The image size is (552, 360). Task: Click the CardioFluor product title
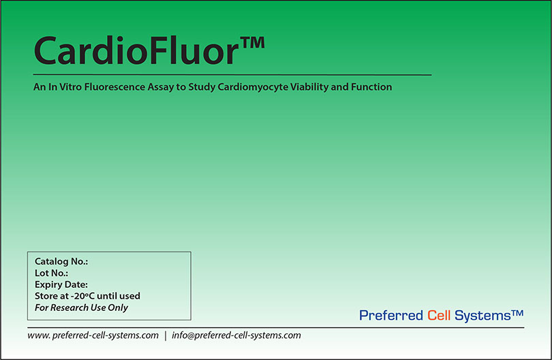click(136, 50)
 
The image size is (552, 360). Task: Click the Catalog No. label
click(61, 261)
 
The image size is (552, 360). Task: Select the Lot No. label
click(51, 273)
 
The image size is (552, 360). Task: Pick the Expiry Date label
click(61, 284)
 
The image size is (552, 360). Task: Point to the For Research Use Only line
click(81, 307)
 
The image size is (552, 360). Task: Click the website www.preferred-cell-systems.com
click(93, 335)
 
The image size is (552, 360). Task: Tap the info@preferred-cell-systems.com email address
click(236, 335)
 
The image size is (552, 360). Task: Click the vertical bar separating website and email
click(166, 335)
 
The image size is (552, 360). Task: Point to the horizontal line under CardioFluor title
click(232, 74)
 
